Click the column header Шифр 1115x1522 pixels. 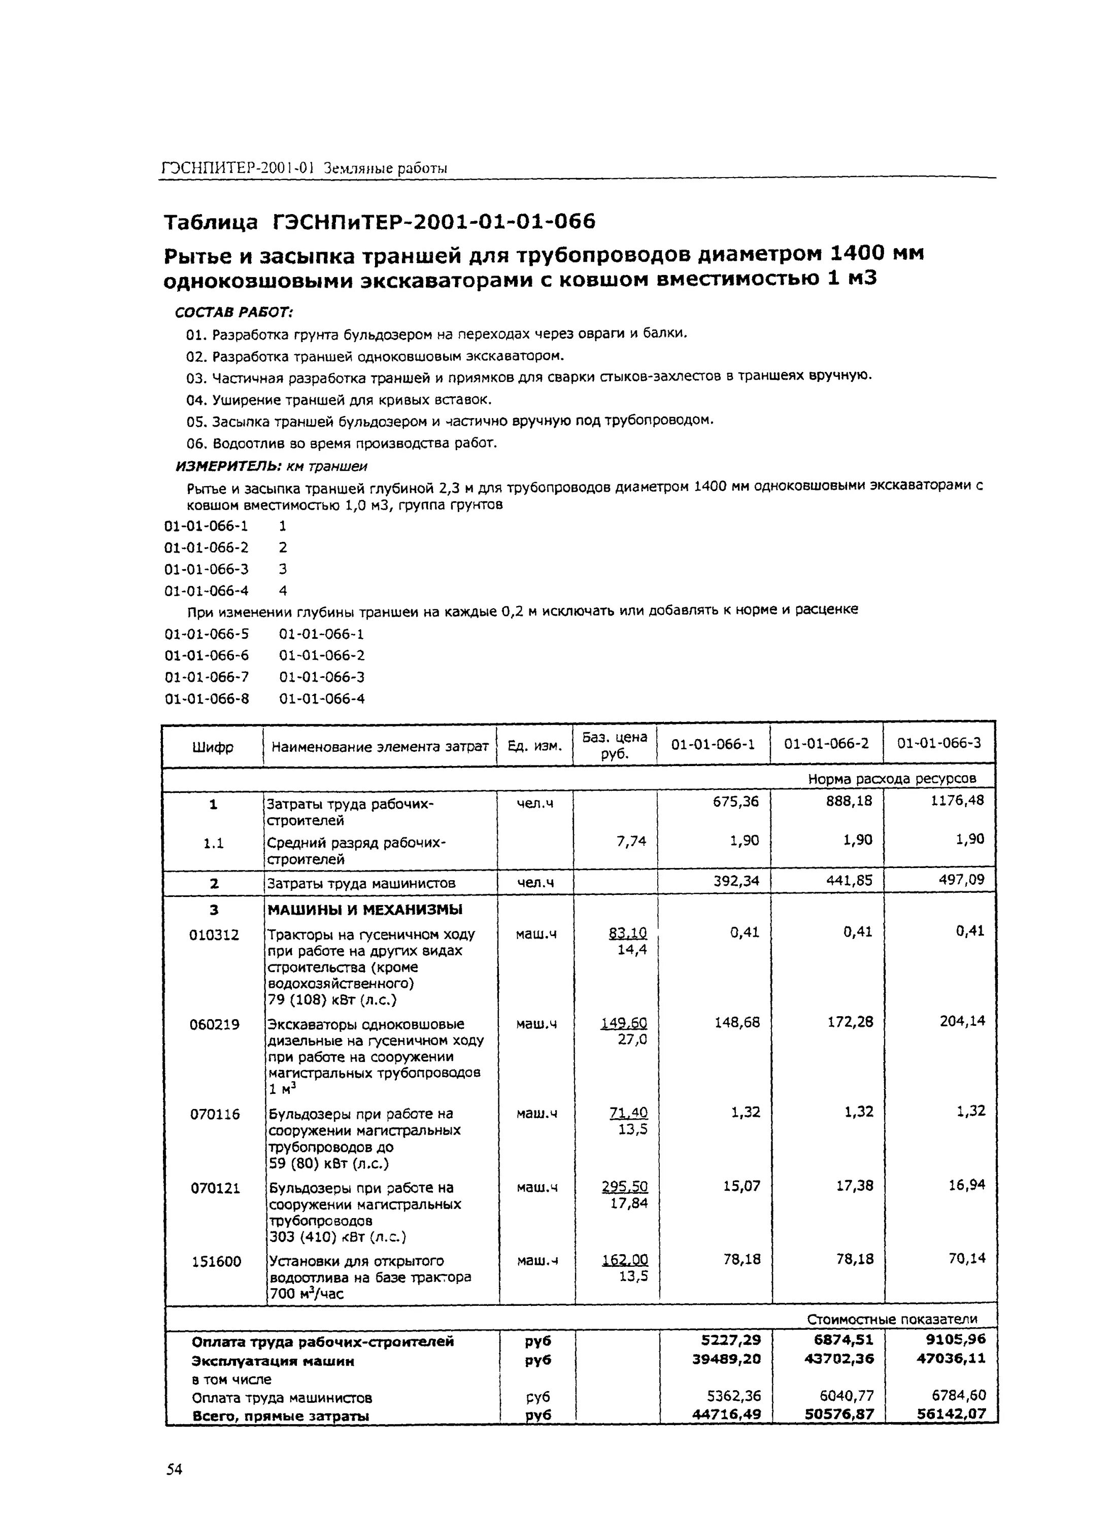point(213,747)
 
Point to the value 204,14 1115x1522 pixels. point(962,1021)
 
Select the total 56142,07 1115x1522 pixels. point(951,1413)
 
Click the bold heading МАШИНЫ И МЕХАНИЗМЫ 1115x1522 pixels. point(365,910)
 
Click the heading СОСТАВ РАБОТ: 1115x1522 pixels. point(233,313)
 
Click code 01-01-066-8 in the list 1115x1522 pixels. point(207,699)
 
